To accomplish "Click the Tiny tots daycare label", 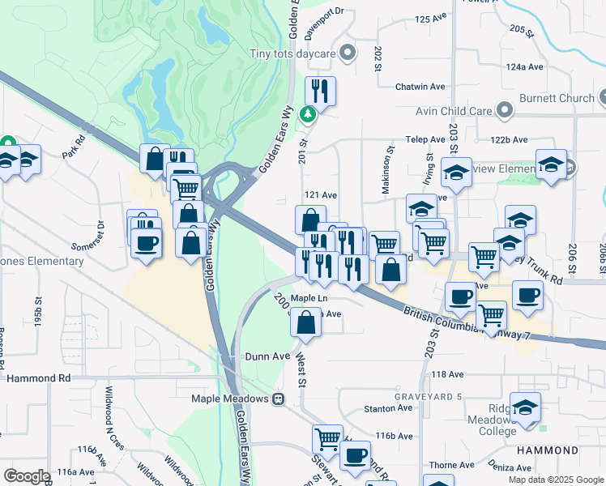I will [293, 54].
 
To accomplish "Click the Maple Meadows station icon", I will [278, 399].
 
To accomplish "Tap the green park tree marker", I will [308, 114].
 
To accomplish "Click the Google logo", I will [26, 475].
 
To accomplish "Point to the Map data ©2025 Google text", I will [555, 480].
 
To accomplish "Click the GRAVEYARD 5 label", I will [428, 396].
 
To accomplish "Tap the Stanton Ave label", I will [389, 408].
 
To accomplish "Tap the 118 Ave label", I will [447, 374].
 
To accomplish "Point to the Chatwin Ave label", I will [420, 87].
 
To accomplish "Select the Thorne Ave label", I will [446, 465].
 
